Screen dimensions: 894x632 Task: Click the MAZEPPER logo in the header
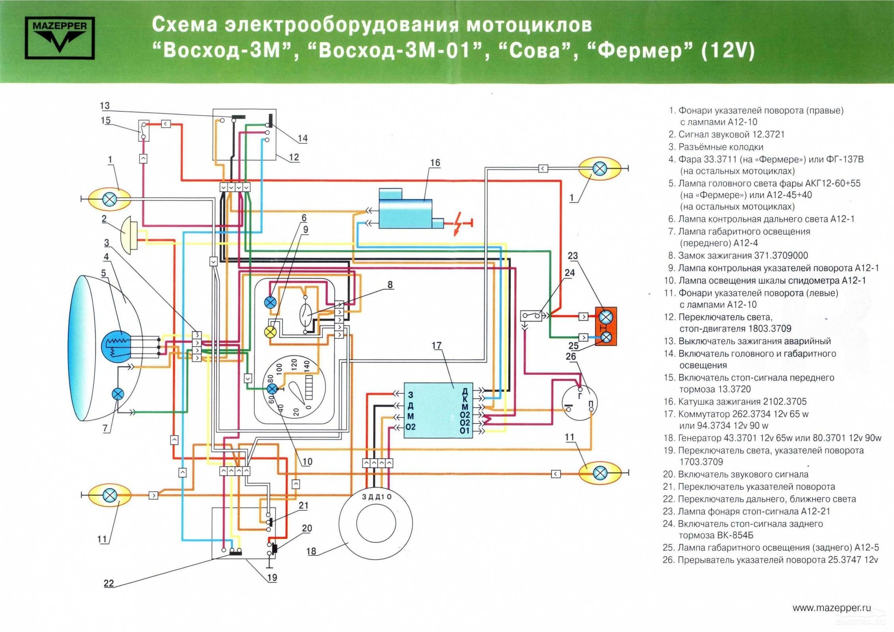60,38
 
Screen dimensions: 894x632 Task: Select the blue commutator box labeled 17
438,410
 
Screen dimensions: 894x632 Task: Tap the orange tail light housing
605,326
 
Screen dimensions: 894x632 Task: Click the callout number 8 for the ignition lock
390,284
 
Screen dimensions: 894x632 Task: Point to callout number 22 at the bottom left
109,583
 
